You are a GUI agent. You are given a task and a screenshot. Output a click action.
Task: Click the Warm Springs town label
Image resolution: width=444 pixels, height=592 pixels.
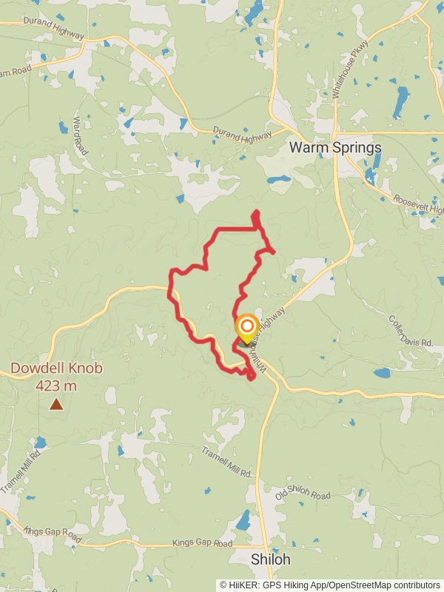(335, 147)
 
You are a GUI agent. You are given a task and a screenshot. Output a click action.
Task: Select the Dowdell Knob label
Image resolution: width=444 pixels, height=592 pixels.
(56, 369)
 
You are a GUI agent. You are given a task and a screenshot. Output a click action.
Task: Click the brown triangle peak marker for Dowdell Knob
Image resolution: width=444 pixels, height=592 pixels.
(56, 404)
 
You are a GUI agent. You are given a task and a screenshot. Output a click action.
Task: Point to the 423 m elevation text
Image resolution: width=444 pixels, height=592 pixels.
(56, 385)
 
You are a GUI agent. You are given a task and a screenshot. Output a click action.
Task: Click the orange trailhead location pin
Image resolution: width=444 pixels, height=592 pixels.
(246, 326)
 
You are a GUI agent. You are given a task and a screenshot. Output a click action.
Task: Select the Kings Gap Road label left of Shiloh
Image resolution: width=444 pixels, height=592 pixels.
(202, 543)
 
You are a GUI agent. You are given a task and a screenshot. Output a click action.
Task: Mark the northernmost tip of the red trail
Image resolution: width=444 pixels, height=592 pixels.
(256, 212)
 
